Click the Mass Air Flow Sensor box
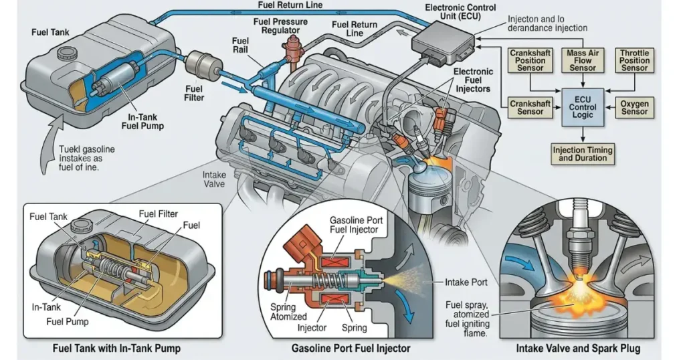click(582, 60)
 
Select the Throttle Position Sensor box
click(634, 60)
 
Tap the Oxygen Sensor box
click(634, 108)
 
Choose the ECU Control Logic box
click(582, 107)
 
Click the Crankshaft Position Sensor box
click(530, 60)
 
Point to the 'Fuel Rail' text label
click(240, 46)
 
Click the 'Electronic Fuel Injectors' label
click(473, 80)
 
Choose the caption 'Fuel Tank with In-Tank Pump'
click(116, 349)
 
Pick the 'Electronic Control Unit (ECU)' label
click(460, 12)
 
